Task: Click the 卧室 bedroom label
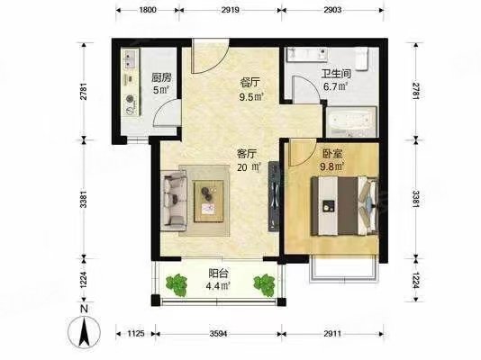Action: (325, 152)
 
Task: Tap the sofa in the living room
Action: (175, 199)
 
